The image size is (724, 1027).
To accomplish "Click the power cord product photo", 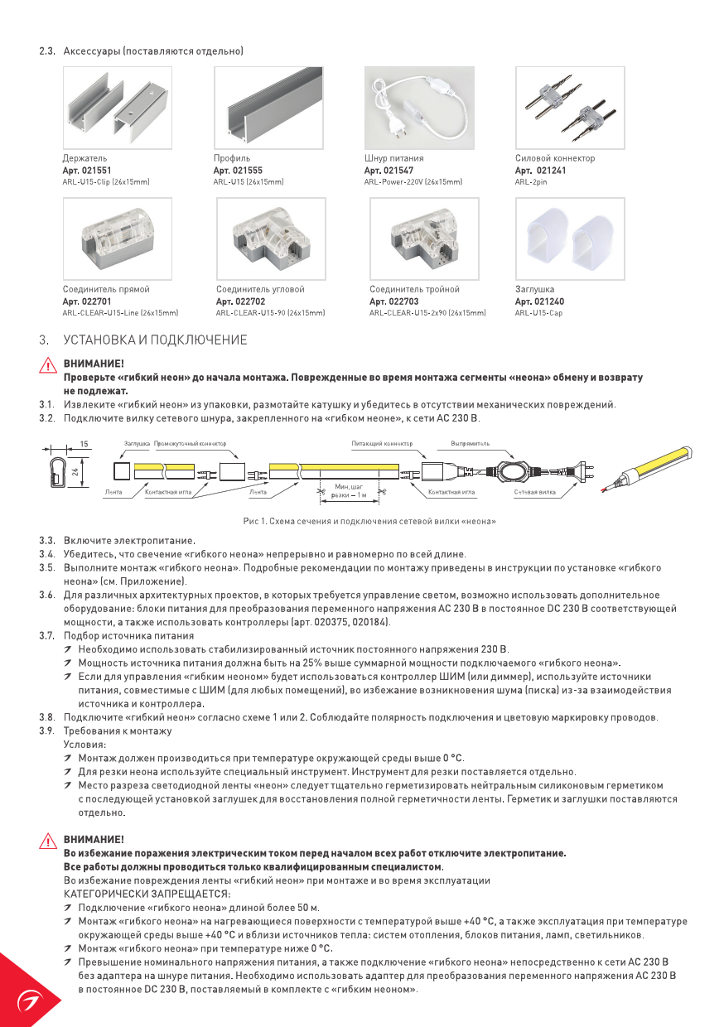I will click(x=419, y=108).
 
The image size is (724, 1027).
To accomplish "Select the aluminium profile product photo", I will click(x=268, y=108).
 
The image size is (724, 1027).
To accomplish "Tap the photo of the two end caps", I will click(x=570, y=239).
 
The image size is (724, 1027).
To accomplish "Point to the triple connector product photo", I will click(x=423, y=239).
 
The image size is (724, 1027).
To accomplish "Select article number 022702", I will click(x=240, y=301).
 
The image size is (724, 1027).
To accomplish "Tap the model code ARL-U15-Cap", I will click(x=538, y=313).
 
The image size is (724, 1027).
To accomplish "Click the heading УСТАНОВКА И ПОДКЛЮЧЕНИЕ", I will click(x=155, y=340).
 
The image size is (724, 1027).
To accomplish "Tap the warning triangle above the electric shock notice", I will click(x=48, y=841).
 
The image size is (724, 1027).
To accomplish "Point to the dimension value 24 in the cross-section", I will click(x=75, y=472).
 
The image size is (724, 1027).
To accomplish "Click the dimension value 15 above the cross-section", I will click(x=85, y=445).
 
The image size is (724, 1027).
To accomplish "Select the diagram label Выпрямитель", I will click(x=470, y=444).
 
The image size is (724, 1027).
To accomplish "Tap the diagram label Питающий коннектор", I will click(x=382, y=444).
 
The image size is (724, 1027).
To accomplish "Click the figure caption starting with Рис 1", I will click(x=369, y=522).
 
